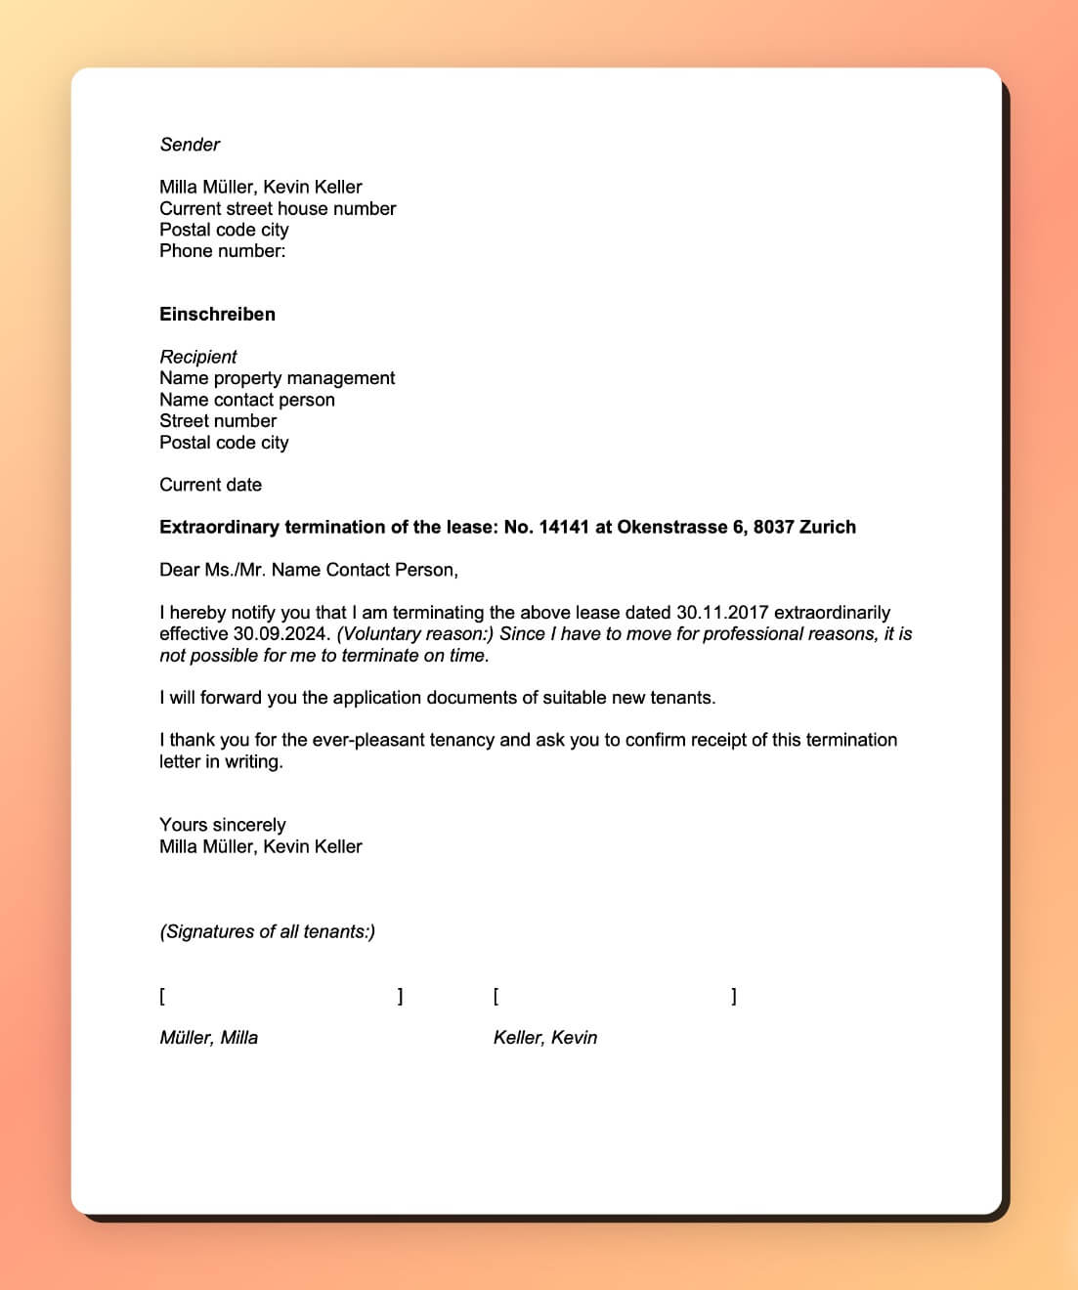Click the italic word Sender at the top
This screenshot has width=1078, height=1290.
[190, 145]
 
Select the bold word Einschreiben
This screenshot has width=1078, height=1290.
[217, 315]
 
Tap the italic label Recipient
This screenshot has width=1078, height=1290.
[198, 357]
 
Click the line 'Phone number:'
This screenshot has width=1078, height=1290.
[222, 251]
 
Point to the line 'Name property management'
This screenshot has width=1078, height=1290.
[277, 378]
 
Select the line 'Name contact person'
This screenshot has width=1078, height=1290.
[246, 400]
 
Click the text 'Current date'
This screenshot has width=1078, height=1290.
[210, 485]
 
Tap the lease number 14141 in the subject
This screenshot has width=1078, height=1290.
[564, 527]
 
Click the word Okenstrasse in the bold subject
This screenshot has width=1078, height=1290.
[671, 527]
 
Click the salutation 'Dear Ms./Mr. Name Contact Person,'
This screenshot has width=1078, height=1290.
[308, 570]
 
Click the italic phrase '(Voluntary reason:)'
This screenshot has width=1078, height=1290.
[414, 634]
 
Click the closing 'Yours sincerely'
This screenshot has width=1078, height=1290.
[222, 825]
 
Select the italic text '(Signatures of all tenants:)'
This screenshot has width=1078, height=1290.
[267, 931]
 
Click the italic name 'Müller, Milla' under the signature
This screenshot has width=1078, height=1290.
[208, 1038]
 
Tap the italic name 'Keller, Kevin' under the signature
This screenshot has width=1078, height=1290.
[544, 1038]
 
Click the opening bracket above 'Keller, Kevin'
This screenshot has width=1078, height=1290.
[496, 997]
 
